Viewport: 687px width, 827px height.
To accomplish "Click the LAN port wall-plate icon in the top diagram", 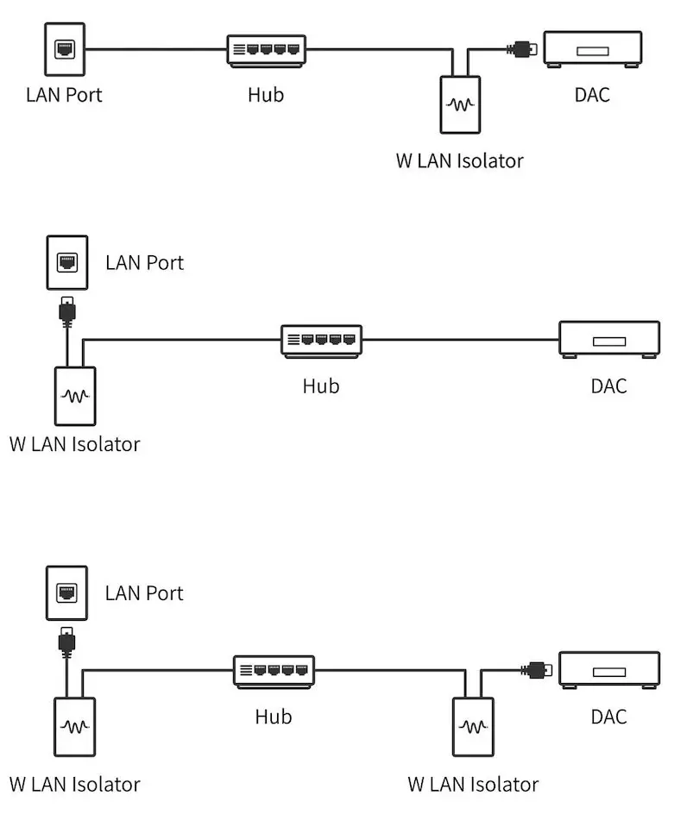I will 65,50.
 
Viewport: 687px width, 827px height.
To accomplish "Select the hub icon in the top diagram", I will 267,50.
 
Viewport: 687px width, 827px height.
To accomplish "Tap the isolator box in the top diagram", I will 459,104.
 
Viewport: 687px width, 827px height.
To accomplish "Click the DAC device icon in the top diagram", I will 592,48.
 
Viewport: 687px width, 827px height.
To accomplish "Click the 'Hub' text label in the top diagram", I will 266,94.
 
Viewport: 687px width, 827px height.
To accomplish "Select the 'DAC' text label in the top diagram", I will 592,94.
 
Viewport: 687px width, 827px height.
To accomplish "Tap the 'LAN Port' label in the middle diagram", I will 145,262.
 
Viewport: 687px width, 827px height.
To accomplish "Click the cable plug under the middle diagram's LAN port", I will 66,310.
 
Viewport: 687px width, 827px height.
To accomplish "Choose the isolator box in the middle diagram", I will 75,396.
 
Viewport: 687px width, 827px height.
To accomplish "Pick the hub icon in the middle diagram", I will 321,341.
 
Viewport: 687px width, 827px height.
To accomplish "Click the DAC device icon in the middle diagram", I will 608,339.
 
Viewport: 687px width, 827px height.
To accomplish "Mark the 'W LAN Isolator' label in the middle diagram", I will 74,444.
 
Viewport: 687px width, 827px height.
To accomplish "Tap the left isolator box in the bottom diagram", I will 75,726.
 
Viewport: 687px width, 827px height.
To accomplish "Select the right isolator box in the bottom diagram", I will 473,726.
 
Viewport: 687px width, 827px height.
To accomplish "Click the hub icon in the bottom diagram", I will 274,671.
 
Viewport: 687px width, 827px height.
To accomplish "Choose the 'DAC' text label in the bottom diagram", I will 608,717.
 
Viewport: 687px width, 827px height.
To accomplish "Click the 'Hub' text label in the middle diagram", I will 321,385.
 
